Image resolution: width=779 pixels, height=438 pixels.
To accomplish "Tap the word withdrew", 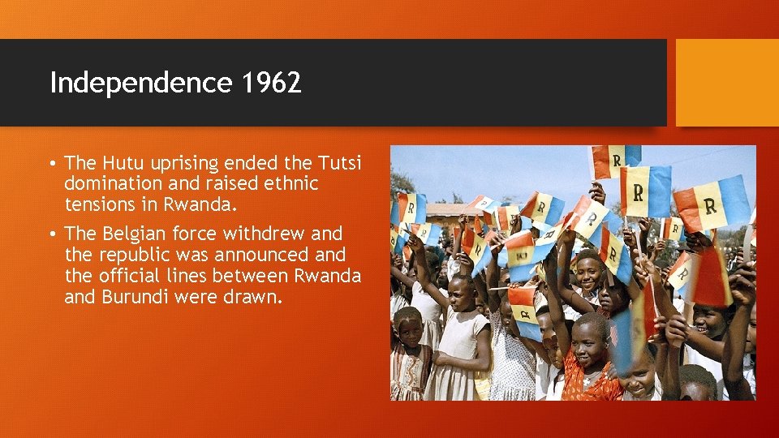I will point(265,234).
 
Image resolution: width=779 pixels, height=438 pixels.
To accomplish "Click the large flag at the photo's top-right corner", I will point(712,203).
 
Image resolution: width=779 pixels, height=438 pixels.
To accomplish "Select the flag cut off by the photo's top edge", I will point(614,158).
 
